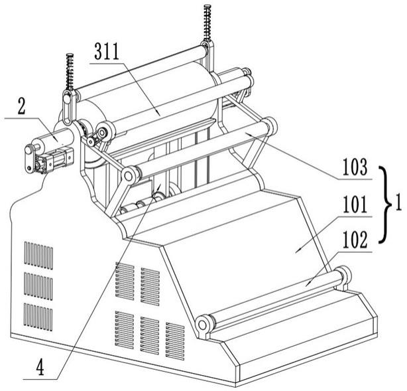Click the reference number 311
click(107, 51)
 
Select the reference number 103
click(355, 167)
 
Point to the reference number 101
click(355, 204)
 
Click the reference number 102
click(355, 240)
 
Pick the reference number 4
click(40, 367)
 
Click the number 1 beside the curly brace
click(398, 202)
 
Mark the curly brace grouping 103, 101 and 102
click(386, 204)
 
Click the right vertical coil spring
click(207, 23)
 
